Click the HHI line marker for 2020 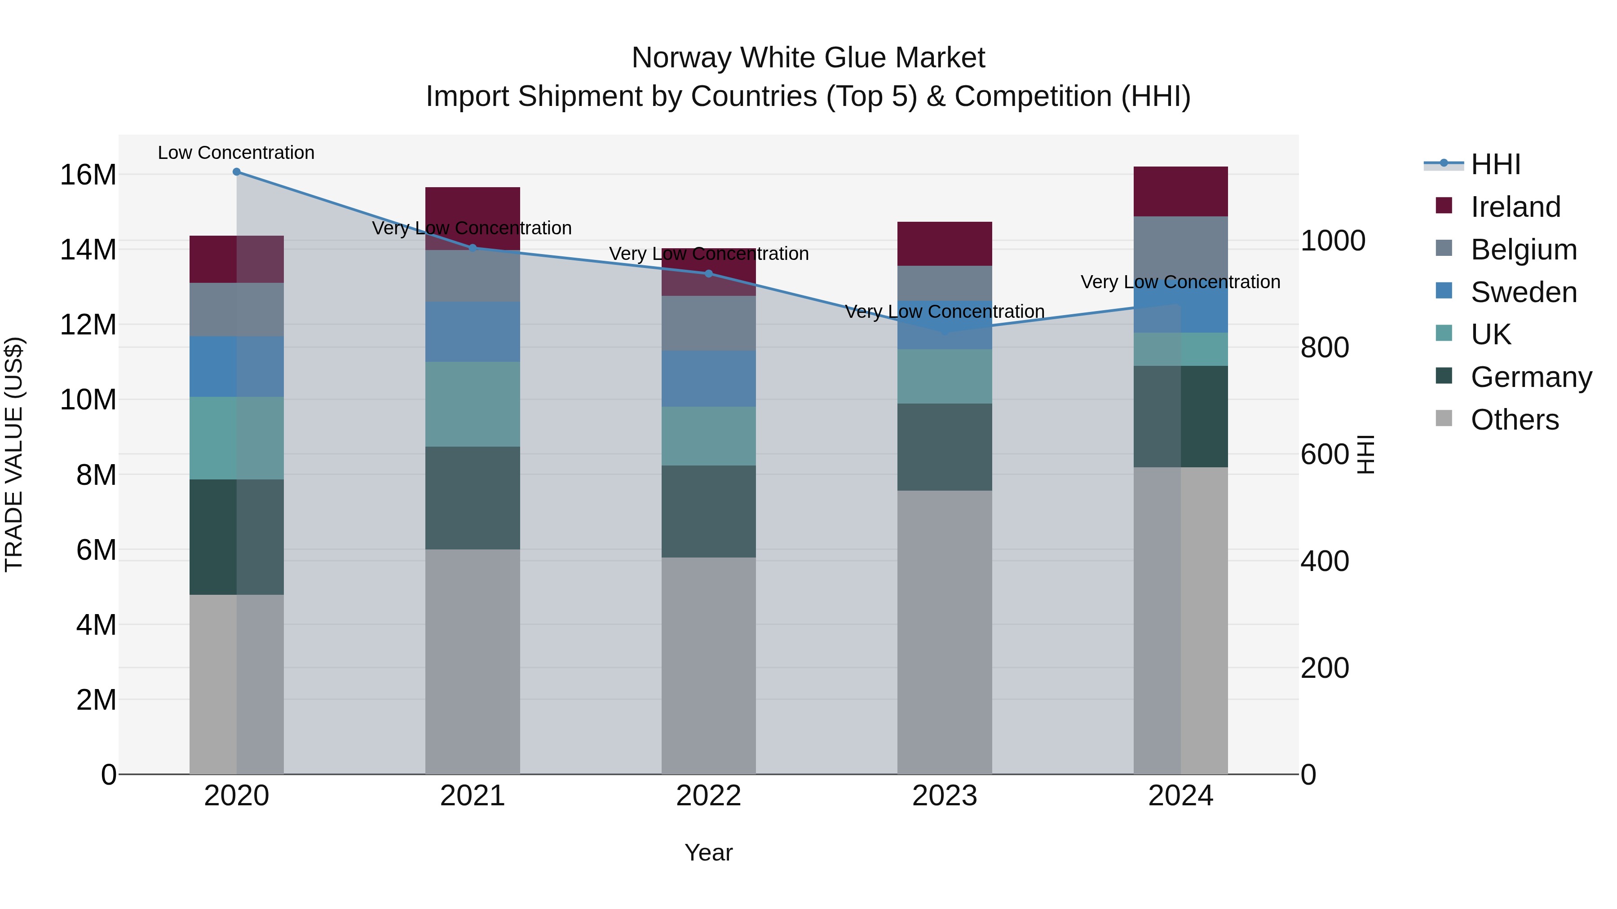tap(237, 172)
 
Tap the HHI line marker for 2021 tap(473, 248)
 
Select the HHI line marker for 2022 tap(709, 273)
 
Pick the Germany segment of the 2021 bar tap(473, 498)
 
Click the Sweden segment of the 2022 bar tap(709, 378)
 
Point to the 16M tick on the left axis tap(88, 175)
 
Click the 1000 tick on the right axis tap(1333, 241)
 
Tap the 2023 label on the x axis tap(944, 796)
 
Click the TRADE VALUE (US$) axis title tap(14, 454)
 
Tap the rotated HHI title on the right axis tap(1366, 454)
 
